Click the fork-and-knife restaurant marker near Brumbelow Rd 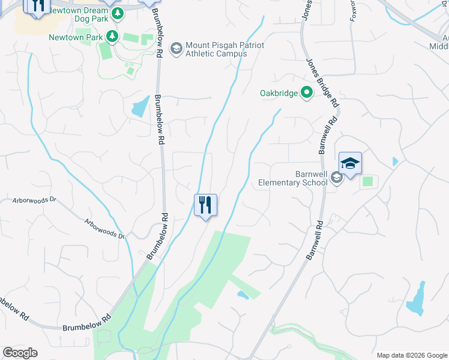tap(206, 205)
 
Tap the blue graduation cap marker tap(350, 163)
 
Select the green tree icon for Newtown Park tap(112, 37)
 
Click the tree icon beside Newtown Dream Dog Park tap(118, 13)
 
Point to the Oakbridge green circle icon tap(307, 93)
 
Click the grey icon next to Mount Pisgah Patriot tap(176, 48)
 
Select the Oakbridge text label tap(279, 93)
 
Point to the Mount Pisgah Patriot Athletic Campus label tap(216, 49)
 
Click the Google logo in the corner tap(20, 353)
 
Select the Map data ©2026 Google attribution tap(412, 355)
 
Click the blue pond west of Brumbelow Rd tap(139, 107)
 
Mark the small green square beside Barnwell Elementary tap(367, 181)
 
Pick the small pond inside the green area tap(243, 295)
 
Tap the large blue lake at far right tap(417, 300)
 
